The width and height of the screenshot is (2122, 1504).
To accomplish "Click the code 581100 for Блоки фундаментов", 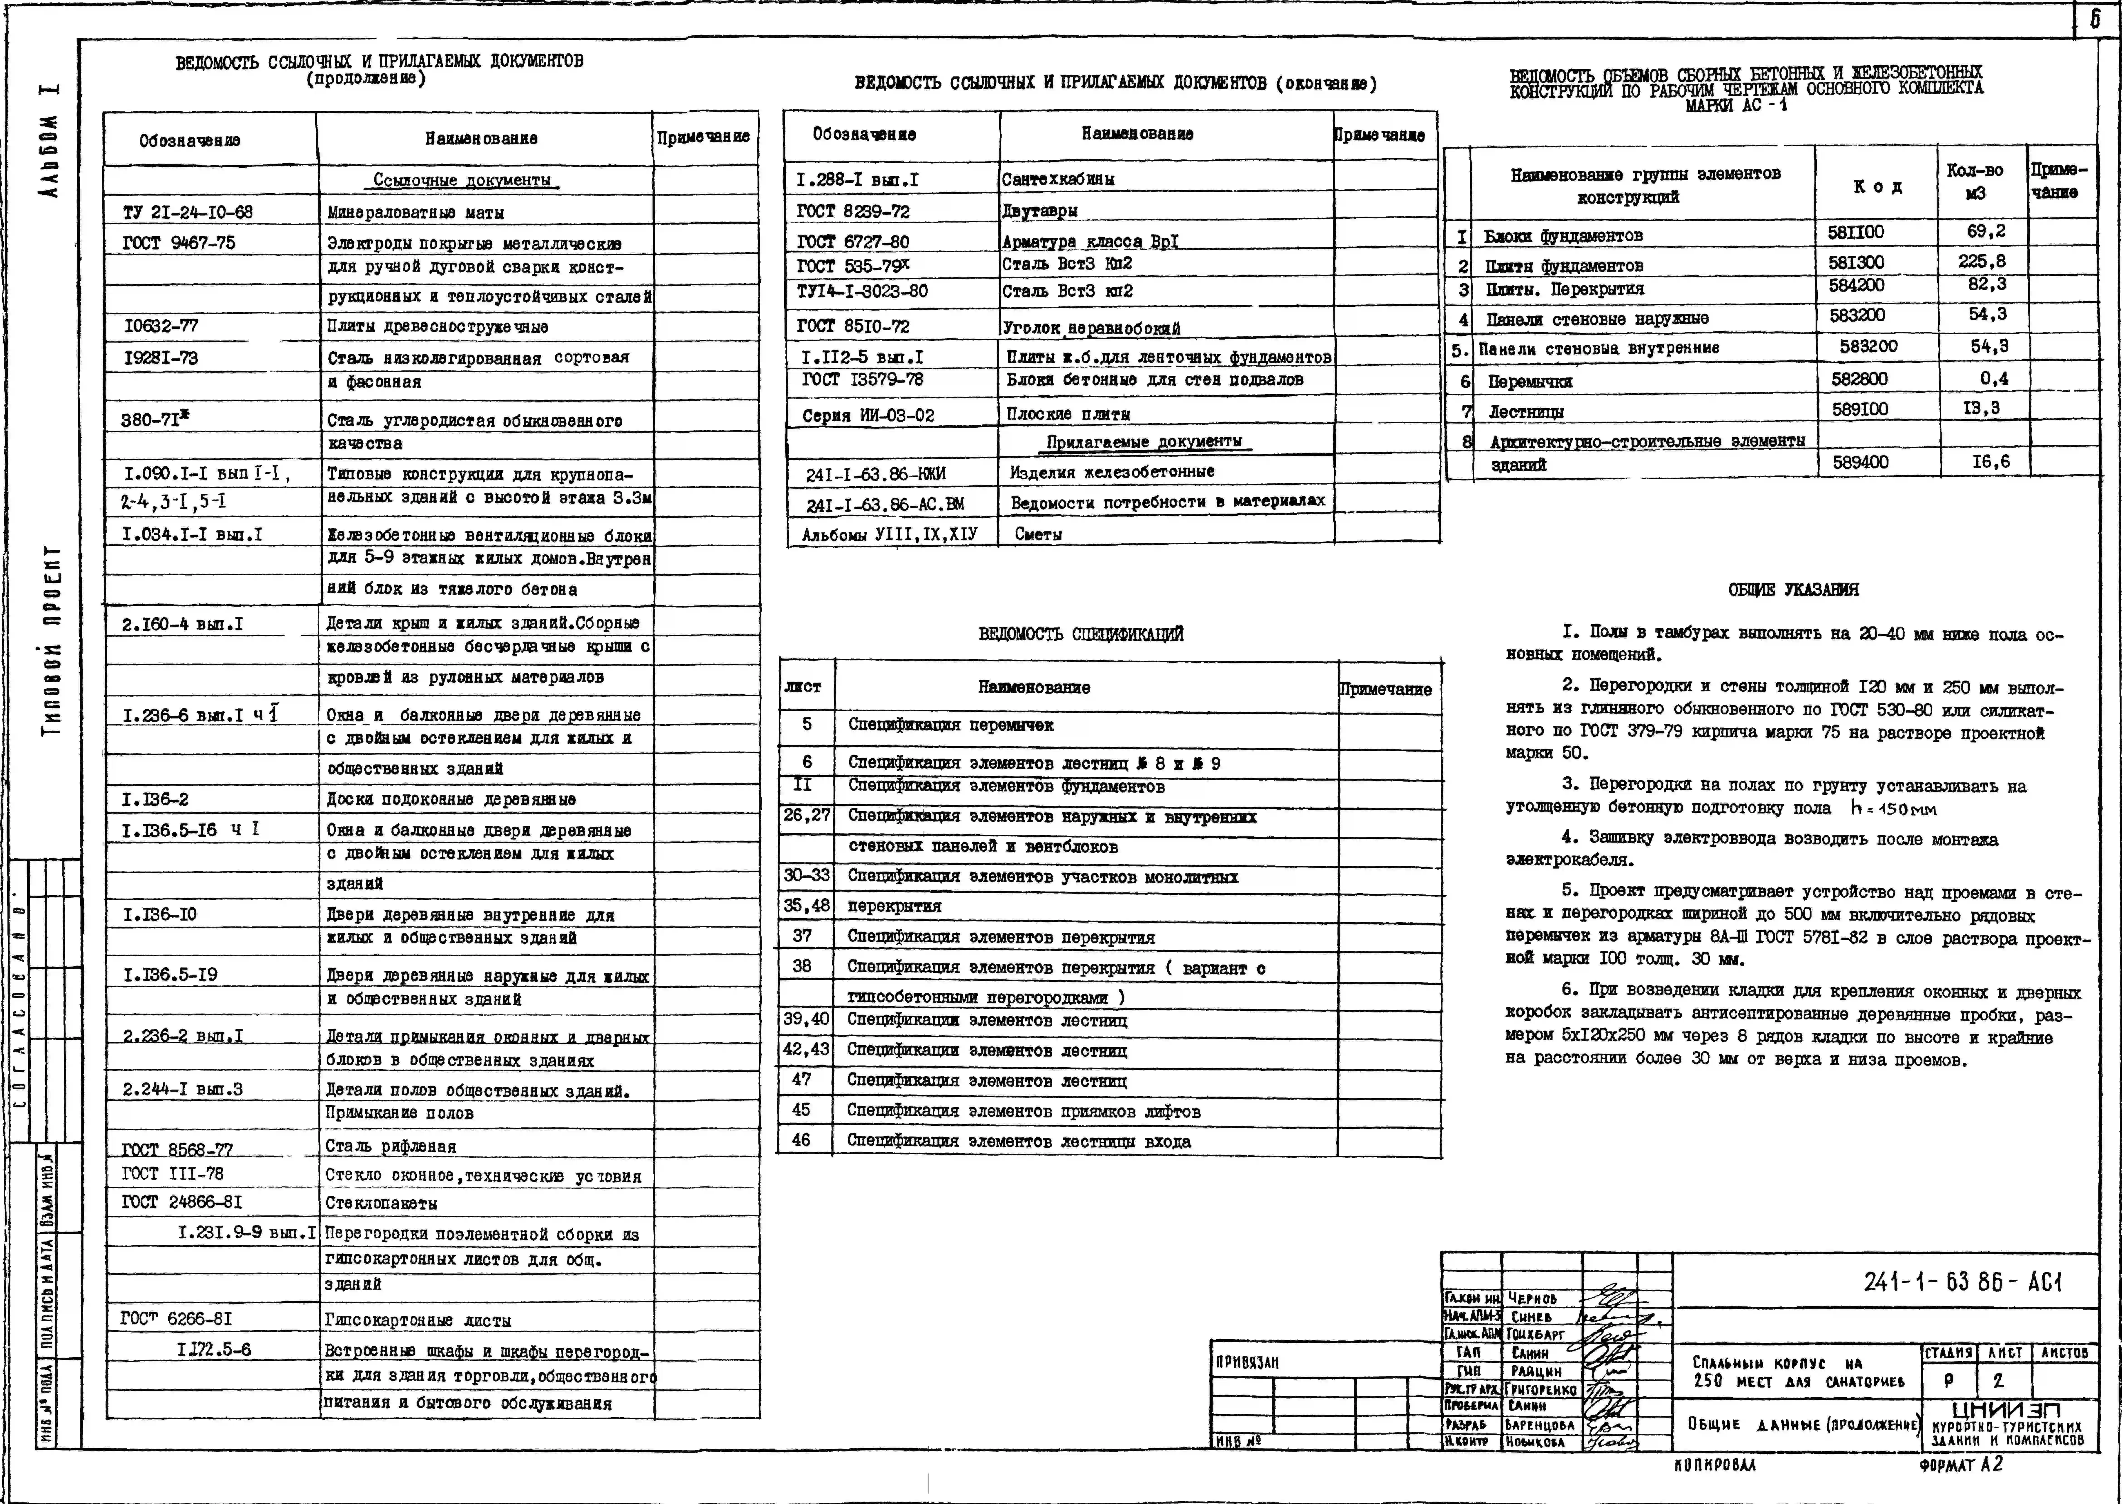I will [x=1855, y=233].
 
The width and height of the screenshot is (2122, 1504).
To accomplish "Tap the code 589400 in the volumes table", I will [x=1860, y=462].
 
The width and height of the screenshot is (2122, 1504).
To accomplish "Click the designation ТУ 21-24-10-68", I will [x=188, y=212].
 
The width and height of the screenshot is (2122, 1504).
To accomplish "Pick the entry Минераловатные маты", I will [x=416, y=213].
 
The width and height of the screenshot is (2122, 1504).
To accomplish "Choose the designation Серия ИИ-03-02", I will [x=868, y=416].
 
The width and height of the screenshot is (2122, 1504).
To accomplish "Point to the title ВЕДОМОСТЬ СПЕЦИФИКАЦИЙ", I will [x=1081, y=634].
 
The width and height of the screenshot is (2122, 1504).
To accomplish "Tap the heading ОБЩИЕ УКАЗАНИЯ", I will [x=1792, y=590].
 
